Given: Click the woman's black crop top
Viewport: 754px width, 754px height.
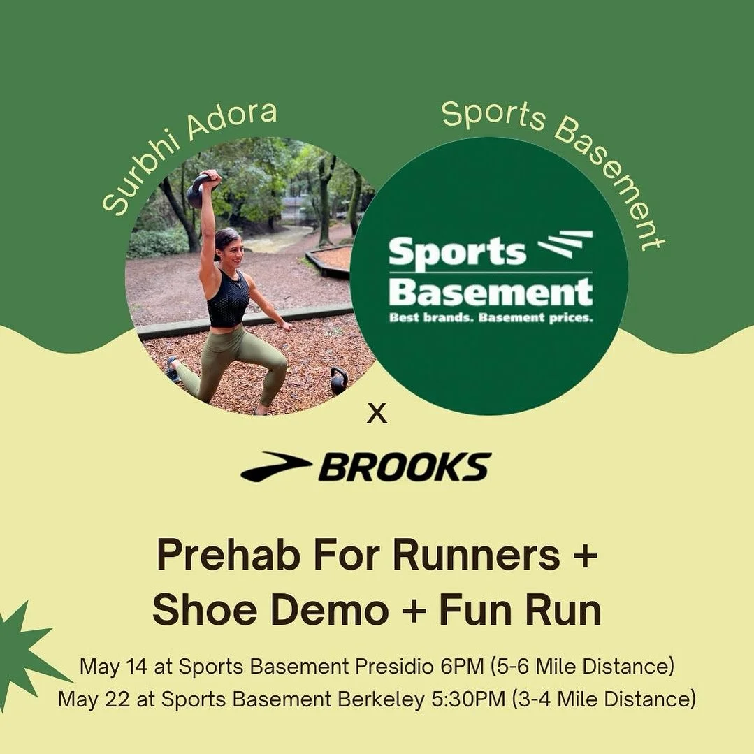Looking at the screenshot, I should coord(227,298).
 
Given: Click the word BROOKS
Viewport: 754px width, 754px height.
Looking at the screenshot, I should coord(405,467).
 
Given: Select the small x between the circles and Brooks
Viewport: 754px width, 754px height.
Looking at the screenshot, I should coord(377,415).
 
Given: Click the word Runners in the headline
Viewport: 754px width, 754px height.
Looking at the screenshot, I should coord(478,556).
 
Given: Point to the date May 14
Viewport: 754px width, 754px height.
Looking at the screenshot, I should coord(108,666).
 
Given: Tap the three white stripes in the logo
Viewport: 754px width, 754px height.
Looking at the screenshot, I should coord(565,245).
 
